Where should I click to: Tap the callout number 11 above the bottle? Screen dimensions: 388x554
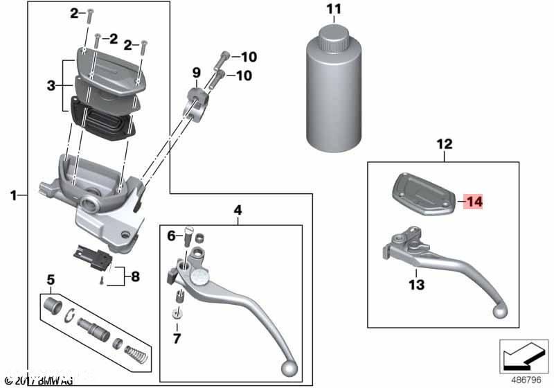click(x=334, y=9)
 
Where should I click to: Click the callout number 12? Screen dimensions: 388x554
click(x=444, y=145)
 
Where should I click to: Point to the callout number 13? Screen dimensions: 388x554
click(x=415, y=284)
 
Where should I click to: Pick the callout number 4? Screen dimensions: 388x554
click(x=238, y=209)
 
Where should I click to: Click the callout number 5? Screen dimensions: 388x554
click(x=50, y=280)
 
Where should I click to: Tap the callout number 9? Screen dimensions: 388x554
click(x=196, y=72)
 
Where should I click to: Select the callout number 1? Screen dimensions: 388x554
click(x=12, y=196)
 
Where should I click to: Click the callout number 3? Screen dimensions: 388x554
click(x=51, y=86)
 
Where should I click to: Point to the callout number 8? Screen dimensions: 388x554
click(x=135, y=276)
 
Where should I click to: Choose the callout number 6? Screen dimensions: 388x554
click(x=171, y=236)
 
